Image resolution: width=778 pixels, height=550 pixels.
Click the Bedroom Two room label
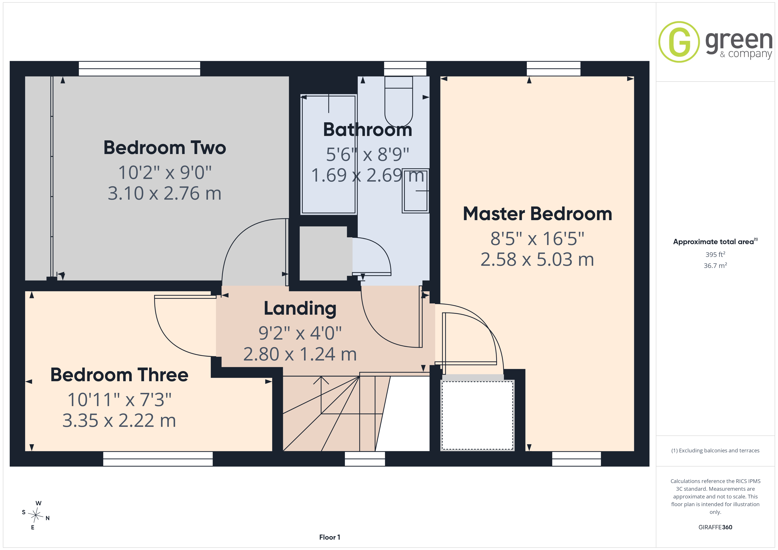click(x=165, y=148)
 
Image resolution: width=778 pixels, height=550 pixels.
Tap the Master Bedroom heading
click(x=537, y=214)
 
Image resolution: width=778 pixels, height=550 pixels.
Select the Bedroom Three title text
click(x=119, y=375)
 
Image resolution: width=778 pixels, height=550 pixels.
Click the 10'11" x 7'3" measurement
click(x=119, y=400)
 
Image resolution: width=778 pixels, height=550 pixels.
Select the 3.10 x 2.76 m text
click(x=165, y=193)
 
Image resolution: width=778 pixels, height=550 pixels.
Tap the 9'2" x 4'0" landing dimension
click(x=300, y=333)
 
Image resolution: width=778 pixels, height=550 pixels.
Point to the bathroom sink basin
click(x=415, y=191)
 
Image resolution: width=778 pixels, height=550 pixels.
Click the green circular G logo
click(x=679, y=42)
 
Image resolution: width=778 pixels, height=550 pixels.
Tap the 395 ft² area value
click(x=715, y=254)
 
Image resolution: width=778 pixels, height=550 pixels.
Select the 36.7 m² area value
click(x=715, y=266)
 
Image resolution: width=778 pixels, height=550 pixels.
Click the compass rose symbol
click(x=36, y=515)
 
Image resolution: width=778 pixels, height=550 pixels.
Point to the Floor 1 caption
click(x=330, y=537)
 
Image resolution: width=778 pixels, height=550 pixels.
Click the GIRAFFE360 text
click(x=715, y=527)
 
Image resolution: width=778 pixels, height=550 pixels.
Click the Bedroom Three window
click(x=158, y=459)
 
